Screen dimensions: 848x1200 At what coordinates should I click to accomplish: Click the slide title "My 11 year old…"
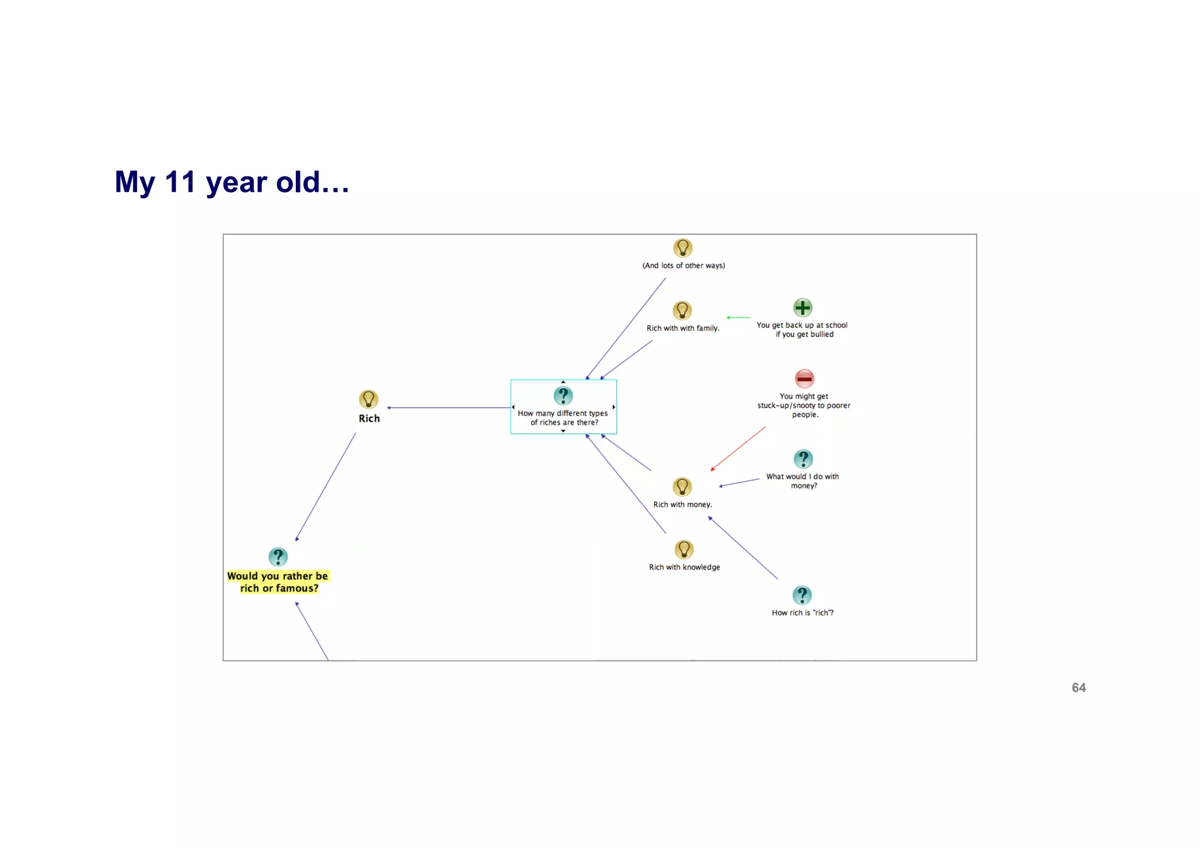click(232, 182)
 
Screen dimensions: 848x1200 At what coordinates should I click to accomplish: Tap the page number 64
click(1078, 687)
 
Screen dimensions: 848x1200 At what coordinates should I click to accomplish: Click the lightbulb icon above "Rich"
click(369, 400)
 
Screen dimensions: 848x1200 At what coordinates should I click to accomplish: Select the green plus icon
click(802, 308)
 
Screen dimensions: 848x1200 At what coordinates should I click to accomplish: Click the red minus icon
click(804, 379)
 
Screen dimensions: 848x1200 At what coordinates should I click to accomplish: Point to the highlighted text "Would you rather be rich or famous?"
click(278, 582)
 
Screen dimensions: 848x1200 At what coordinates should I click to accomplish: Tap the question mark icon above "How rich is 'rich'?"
click(802, 595)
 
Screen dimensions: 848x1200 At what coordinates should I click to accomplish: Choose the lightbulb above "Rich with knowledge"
click(684, 550)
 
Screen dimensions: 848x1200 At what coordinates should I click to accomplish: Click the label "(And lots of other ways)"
click(683, 265)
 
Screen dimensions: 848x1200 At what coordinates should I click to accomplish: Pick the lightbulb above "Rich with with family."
click(682, 310)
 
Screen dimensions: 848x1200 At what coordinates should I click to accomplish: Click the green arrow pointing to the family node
click(738, 318)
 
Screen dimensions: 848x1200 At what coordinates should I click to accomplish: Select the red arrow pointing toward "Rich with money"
click(738, 448)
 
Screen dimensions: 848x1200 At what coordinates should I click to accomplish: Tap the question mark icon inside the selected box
click(563, 396)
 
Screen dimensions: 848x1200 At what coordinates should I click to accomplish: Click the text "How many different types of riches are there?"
click(563, 418)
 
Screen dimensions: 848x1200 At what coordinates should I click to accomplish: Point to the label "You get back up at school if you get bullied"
click(802, 329)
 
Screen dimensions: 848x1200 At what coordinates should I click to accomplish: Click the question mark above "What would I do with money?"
click(803, 459)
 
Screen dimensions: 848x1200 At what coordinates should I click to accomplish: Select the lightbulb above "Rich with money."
click(682, 487)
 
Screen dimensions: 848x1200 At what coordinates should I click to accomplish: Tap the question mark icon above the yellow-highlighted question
click(278, 557)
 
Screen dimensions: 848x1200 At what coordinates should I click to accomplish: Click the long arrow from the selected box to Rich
click(449, 407)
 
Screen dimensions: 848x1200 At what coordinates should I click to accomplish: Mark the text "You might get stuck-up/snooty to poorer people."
click(804, 406)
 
